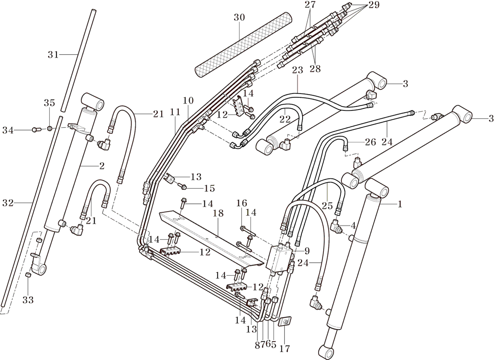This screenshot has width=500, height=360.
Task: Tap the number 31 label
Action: point(53,55)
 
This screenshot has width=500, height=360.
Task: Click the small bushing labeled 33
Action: point(28,276)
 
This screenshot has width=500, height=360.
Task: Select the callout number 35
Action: point(50,103)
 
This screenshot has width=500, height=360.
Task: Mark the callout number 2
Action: point(102,166)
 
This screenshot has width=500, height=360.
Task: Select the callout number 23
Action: point(297,70)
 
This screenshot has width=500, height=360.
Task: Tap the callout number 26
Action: point(371,142)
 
